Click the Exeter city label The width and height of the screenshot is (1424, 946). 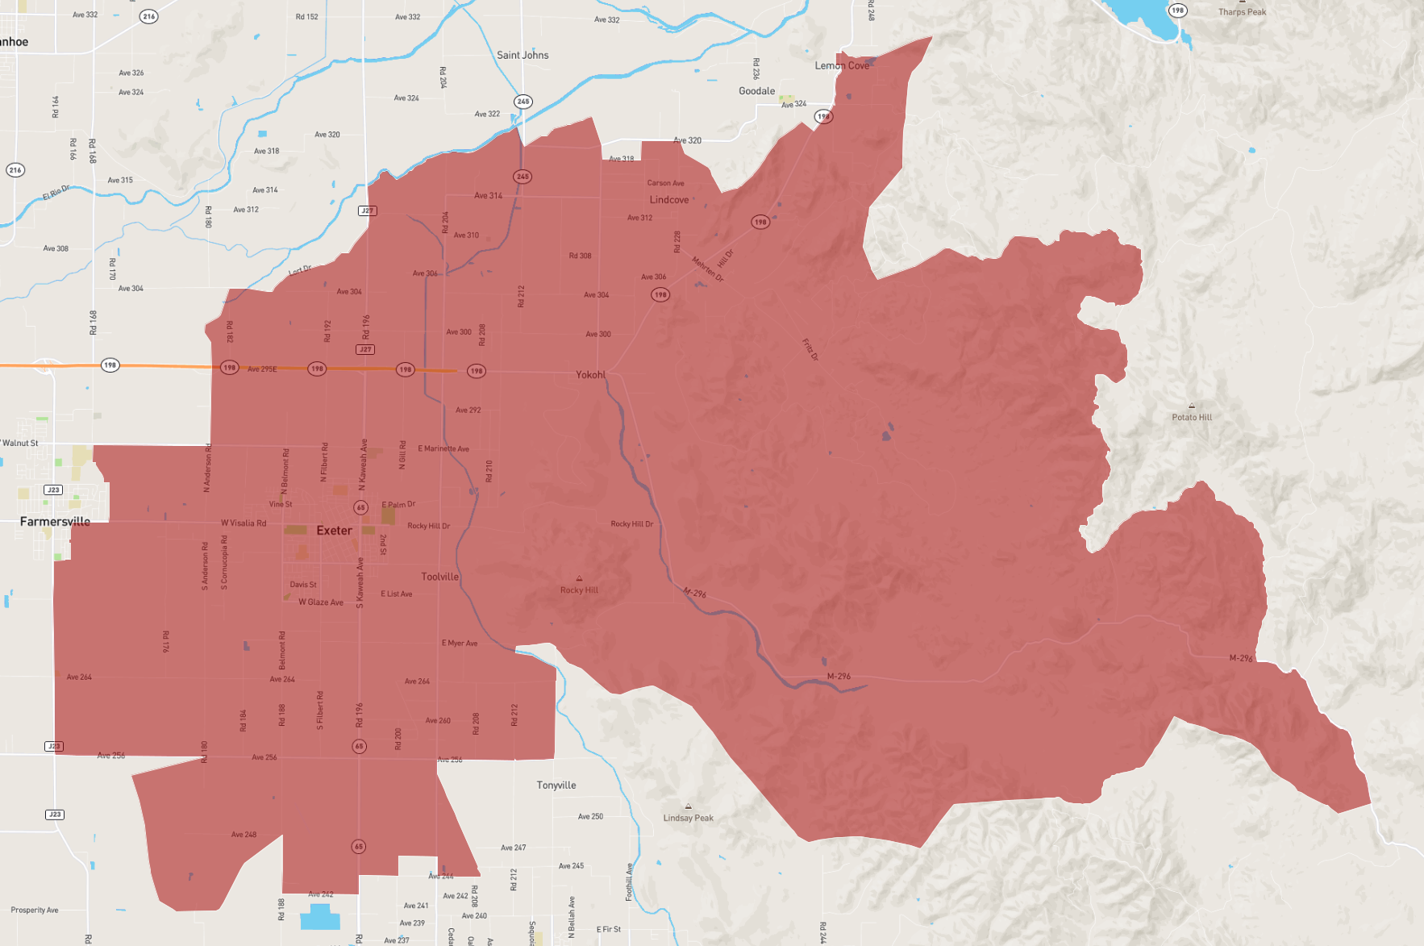(334, 531)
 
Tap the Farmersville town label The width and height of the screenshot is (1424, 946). (55, 522)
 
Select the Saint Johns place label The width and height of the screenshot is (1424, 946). (523, 56)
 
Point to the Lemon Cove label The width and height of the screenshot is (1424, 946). (842, 66)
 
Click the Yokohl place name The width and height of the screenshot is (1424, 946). (590, 375)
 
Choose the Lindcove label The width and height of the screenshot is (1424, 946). (669, 200)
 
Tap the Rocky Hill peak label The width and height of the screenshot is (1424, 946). (579, 590)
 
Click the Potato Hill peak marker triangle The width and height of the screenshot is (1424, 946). (1192, 406)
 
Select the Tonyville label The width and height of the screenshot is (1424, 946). (556, 786)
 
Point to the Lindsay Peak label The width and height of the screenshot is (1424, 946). (688, 818)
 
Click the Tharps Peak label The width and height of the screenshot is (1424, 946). (1242, 12)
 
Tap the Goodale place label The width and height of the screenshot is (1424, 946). (756, 91)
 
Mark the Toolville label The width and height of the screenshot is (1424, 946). (439, 577)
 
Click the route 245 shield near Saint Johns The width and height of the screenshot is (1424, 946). (523, 102)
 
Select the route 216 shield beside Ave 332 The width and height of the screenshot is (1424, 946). (148, 16)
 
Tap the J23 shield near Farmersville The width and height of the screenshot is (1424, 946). (53, 490)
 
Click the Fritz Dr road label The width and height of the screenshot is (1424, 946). (810, 349)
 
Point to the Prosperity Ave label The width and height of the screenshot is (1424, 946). (35, 910)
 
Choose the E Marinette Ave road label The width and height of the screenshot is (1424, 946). (443, 448)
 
